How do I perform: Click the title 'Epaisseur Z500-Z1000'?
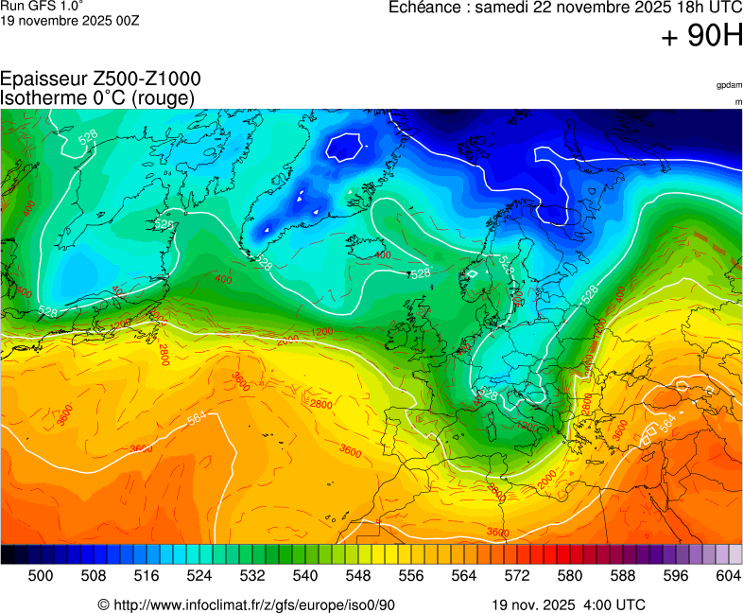click(100, 79)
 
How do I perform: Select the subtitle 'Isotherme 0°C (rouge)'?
click(97, 97)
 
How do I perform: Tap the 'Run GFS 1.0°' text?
click(42, 6)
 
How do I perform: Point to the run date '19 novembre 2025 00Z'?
click(70, 20)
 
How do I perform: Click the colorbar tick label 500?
click(40, 574)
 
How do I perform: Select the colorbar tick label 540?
click(304, 574)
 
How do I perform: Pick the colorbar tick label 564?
click(463, 574)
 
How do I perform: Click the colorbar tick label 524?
click(199, 574)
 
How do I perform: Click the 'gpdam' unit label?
click(729, 85)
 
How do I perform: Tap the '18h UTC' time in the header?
click(700, 8)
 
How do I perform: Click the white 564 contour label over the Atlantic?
click(197, 419)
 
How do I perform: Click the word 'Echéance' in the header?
click(429, 8)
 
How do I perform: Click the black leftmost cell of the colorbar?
click(8, 554)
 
